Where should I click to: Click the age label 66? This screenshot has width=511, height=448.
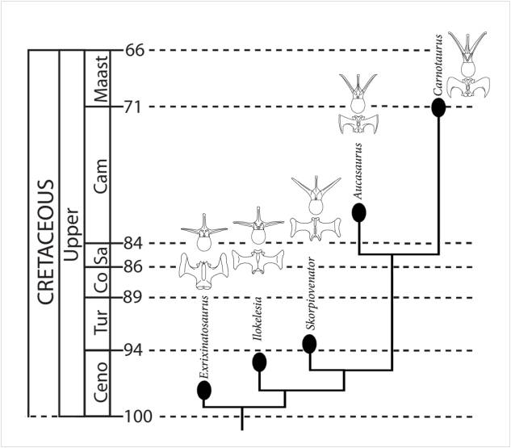(x=135, y=50)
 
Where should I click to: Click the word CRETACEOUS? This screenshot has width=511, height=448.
(x=45, y=241)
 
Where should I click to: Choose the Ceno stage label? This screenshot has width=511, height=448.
(x=101, y=384)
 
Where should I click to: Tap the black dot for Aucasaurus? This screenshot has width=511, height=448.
(x=358, y=212)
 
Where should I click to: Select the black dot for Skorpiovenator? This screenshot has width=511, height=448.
(x=309, y=344)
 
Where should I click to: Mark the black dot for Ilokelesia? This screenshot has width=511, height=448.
(x=259, y=362)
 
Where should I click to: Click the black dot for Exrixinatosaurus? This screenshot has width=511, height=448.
(x=203, y=391)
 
